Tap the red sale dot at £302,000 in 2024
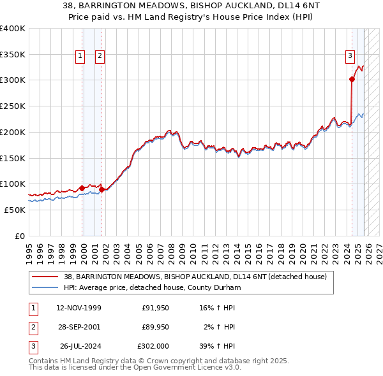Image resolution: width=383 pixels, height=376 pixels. [352, 79]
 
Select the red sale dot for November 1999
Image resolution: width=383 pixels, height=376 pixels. [82, 188]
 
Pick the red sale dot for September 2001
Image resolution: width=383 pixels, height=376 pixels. [101, 189]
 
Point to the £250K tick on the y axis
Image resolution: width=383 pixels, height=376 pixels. [12, 106]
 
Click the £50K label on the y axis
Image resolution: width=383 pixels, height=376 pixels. [14, 210]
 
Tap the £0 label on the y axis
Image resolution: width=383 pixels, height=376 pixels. [19, 236]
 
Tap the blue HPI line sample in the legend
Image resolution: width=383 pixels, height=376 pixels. [45, 287]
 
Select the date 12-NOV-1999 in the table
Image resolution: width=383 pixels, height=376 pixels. [79, 308]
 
